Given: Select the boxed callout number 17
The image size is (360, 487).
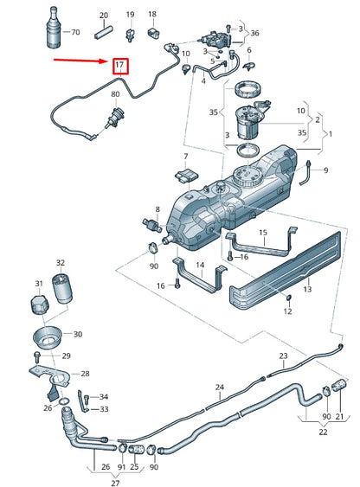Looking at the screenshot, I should coord(119,65).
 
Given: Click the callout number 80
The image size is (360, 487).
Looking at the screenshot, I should coord(115,93).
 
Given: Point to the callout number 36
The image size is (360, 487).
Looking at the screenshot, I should coord(254,34).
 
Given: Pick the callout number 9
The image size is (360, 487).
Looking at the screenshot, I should coord(325,171).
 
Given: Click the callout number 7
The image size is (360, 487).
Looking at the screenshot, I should coord(184,157).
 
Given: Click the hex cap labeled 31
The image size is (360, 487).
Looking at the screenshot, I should coord(38,304).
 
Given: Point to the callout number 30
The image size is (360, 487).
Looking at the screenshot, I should coord(77,335).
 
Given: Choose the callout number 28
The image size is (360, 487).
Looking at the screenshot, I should coord(84,374).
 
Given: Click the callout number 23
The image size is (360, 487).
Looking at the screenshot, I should coord(283,356).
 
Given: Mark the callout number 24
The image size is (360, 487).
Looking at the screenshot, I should coord(220,387).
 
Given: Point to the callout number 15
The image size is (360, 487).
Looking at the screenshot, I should coord(263,232).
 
